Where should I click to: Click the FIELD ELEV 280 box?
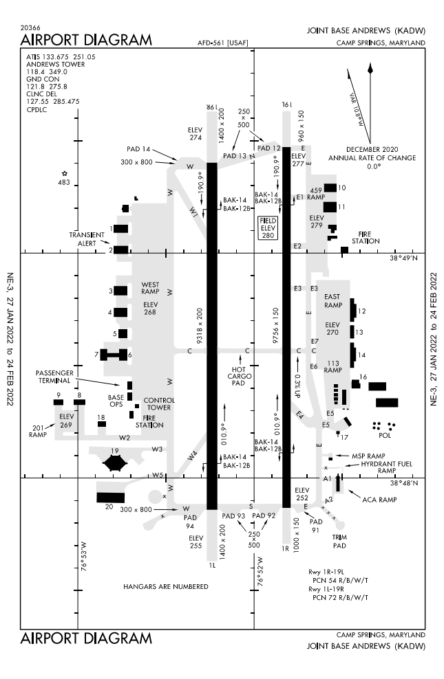[267, 227]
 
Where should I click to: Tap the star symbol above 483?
[65, 174]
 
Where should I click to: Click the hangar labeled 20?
[110, 497]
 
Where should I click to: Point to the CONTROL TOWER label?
[159, 403]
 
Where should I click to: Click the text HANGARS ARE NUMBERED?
[165, 586]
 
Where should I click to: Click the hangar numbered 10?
[330, 188]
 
